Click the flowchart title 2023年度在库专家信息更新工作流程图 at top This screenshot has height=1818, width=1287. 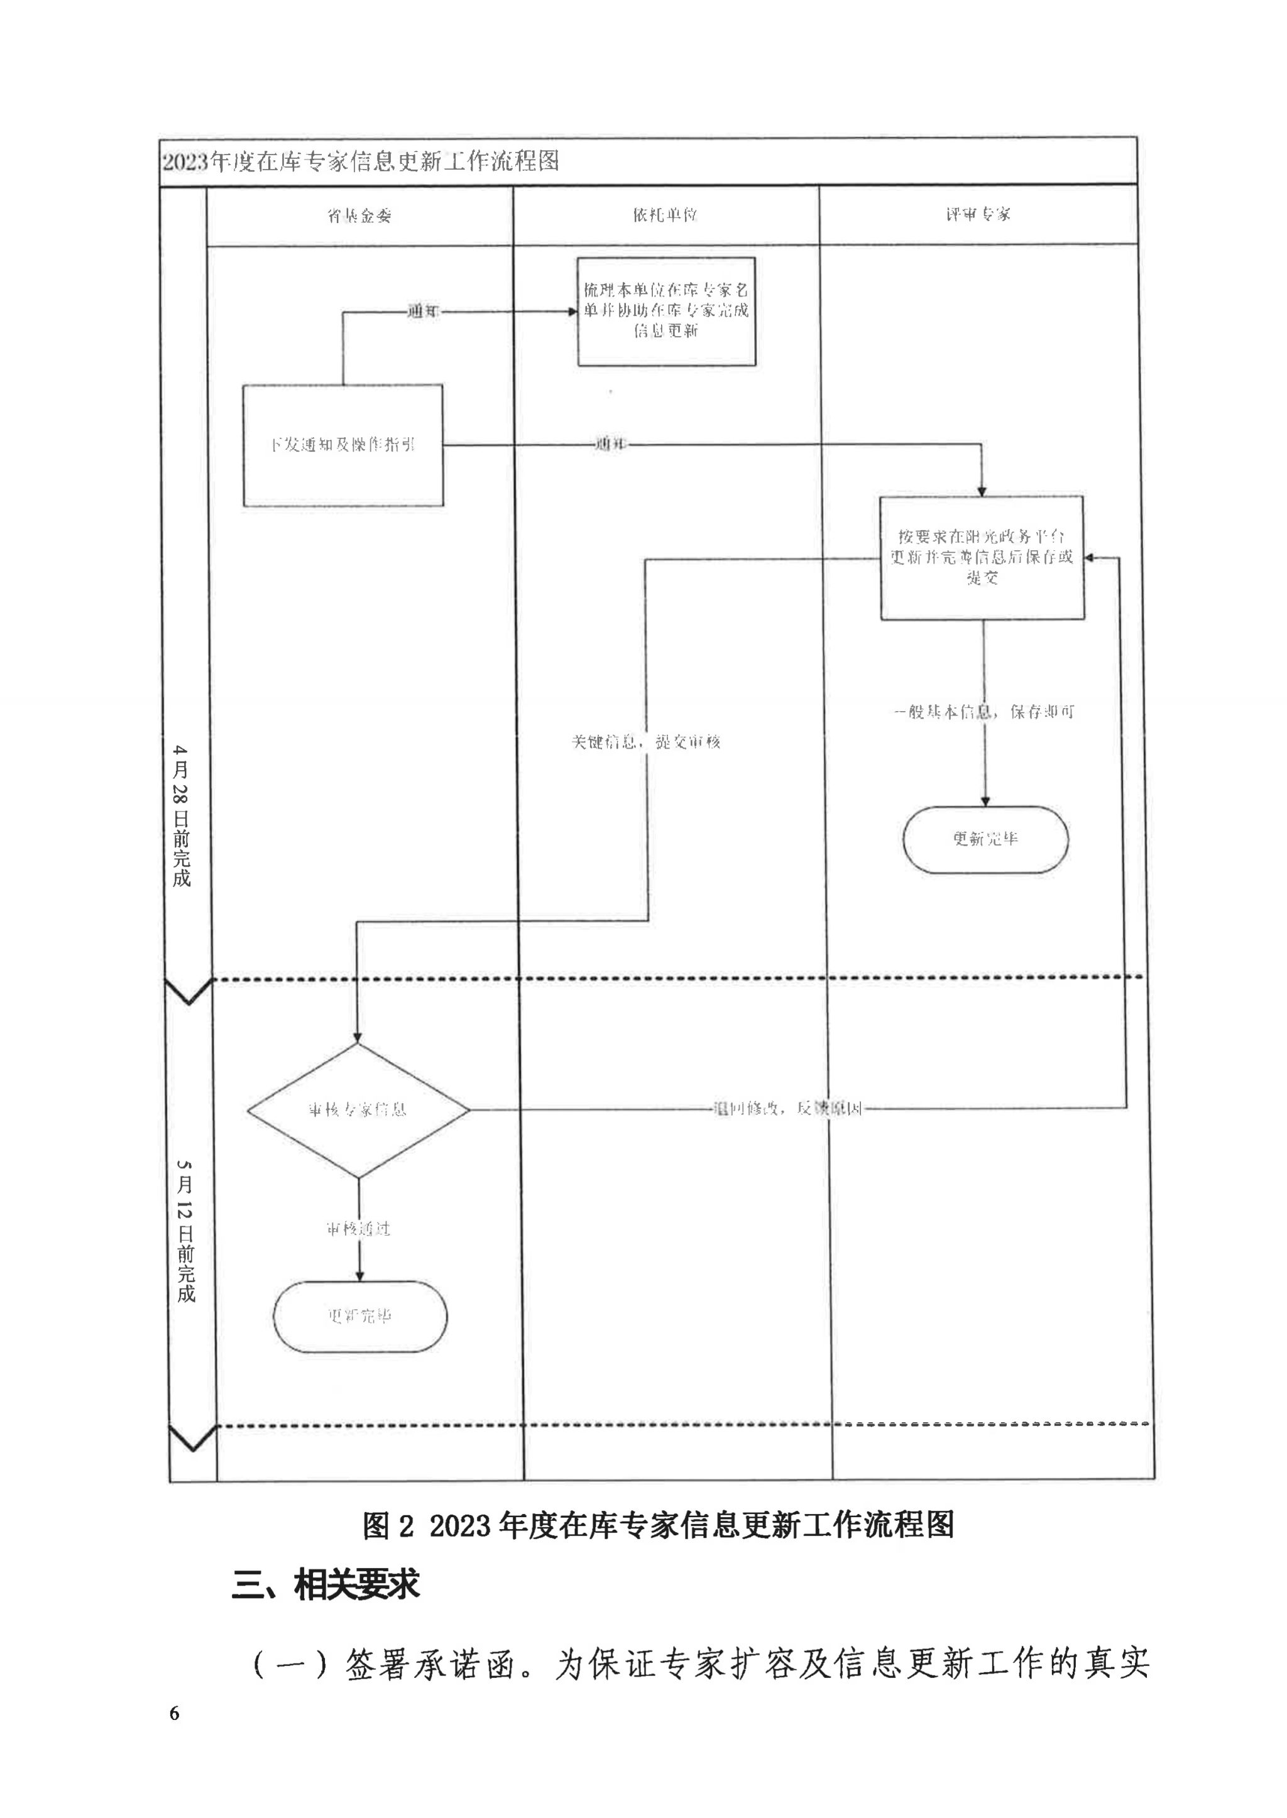[361, 161]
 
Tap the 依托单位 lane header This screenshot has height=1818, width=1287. [665, 215]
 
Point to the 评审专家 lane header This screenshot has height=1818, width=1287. [978, 214]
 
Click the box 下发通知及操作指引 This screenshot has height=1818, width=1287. [342, 445]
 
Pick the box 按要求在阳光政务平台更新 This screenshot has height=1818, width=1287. [982, 558]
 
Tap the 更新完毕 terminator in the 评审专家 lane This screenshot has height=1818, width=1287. [985, 839]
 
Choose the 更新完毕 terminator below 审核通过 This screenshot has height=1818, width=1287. [360, 1316]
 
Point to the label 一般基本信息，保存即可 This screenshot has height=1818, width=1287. [984, 711]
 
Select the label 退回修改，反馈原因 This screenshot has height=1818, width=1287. [787, 1109]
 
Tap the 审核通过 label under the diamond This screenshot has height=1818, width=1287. [358, 1229]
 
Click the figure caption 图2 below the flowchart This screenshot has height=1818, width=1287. [658, 1524]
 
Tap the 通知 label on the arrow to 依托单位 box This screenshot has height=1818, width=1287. [423, 312]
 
